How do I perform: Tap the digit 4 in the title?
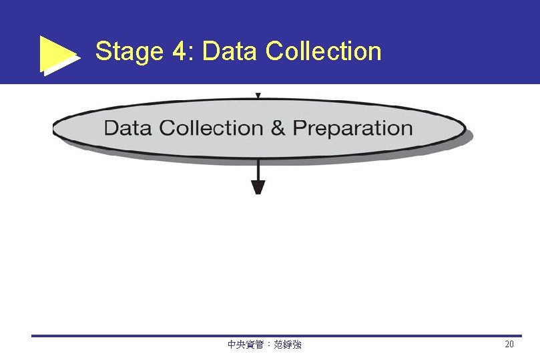tap(179, 51)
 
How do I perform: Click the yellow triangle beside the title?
tap(57, 53)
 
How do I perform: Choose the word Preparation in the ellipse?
tap(352, 128)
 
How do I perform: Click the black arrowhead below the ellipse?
tap(258, 187)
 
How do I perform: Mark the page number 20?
tap(509, 345)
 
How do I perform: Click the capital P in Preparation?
tap(299, 128)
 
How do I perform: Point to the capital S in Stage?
tap(103, 51)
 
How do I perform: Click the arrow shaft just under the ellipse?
tap(258, 168)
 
